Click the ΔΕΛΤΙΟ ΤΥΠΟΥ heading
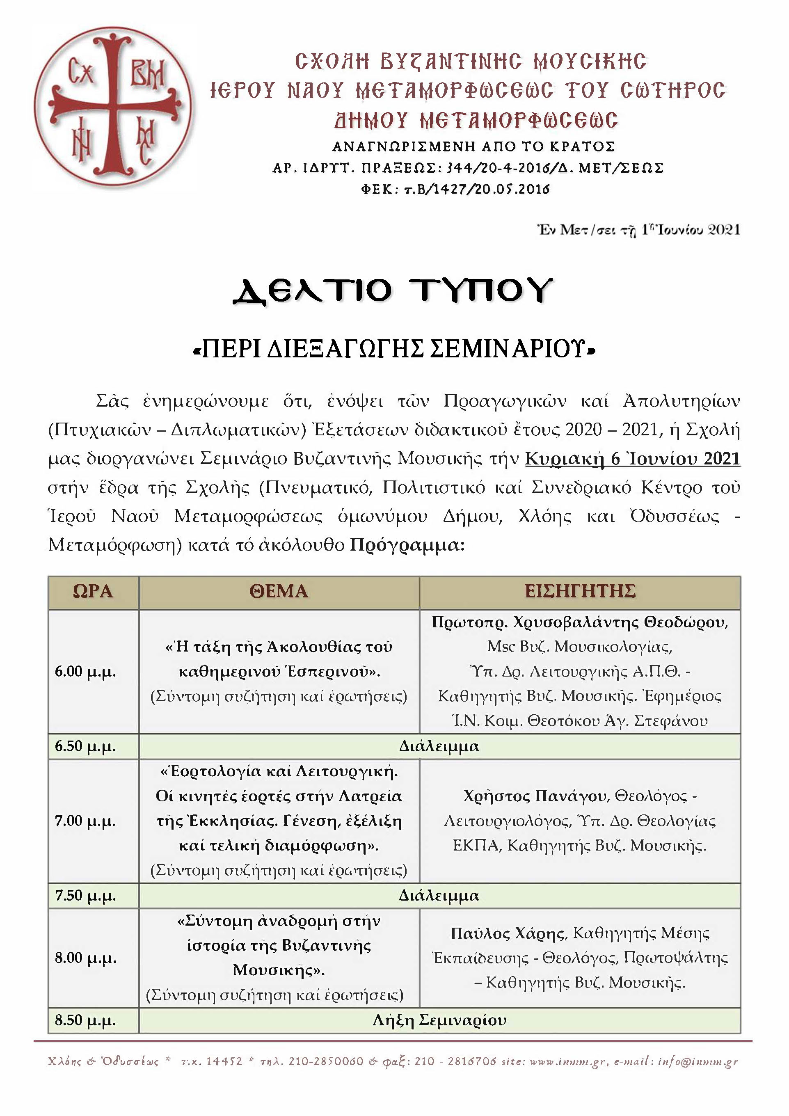pyautogui.click(x=393, y=292)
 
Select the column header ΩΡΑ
pyautogui.click(x=93, y=592)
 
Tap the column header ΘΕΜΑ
pyautogui.click(x=279, y=592)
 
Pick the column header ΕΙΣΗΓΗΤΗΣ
pyautogui.click(x=580, y=592)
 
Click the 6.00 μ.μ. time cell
pyautogui.click(x=86, y=672)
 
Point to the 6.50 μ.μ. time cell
pyautogui.click(x=86, y=746)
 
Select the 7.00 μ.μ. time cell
pyautogui.click(x=86, y=821)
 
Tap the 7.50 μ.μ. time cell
pyautogui.click(x=86, y=895)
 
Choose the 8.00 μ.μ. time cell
pyautogui.click(x=86, y=958)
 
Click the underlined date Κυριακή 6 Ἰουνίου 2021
pyautogui.click(x=632, y=459)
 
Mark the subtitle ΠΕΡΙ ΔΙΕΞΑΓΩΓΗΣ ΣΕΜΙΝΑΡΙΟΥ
pyautogui.click(x=394, y=350)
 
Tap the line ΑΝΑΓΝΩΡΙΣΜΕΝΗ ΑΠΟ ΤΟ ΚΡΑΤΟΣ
pyautogui.click(x=473, y=146)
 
